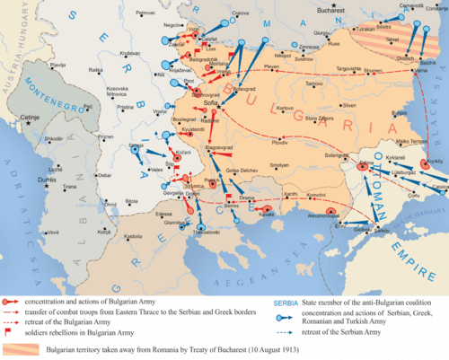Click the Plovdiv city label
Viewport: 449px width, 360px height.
point(280,143)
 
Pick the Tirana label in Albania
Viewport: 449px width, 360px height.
point(69,187)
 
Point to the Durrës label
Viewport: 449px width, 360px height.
point(43,179)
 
